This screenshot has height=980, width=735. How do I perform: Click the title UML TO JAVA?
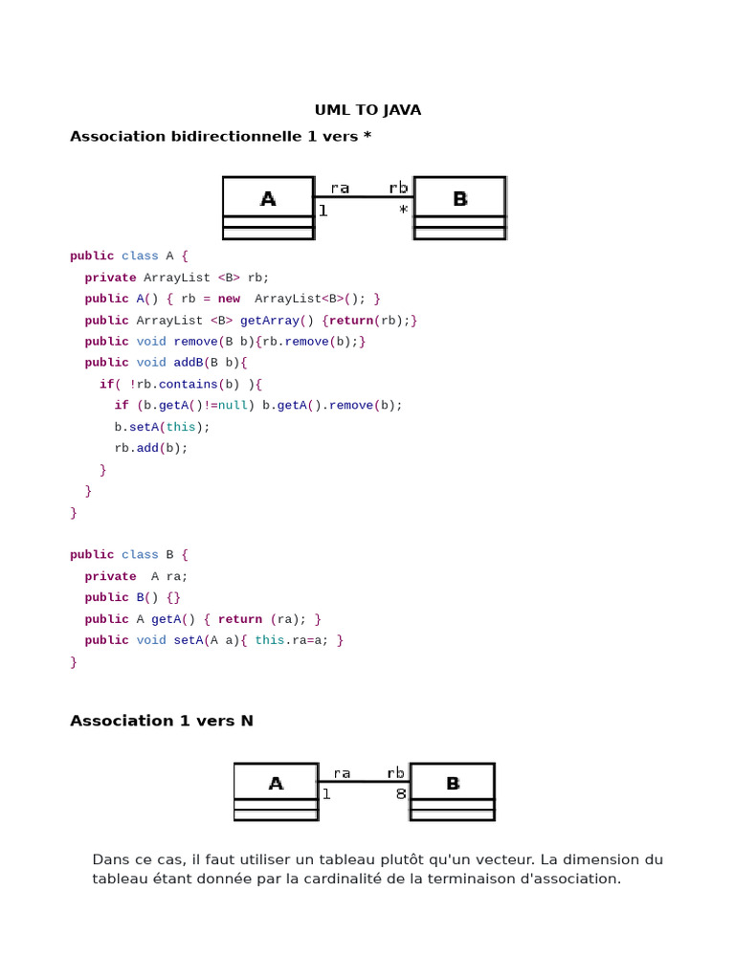(x=367, y=110)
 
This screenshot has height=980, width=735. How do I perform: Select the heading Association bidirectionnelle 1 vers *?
(x=220, y=137)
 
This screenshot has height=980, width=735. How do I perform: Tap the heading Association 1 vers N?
(x=162, y=721)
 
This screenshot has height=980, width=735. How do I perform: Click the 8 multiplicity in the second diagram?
(x=401, y=794)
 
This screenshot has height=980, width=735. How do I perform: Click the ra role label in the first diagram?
(x=340, y=189)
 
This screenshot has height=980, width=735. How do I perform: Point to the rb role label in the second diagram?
(x=395, y=773)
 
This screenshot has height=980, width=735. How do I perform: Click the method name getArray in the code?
(x=269, y=321)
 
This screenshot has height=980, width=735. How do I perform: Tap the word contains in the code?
(x=188, y=385)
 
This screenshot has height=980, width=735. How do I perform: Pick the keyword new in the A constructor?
(x=229, y=300)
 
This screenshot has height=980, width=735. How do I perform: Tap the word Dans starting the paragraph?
(x=110, y=859)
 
